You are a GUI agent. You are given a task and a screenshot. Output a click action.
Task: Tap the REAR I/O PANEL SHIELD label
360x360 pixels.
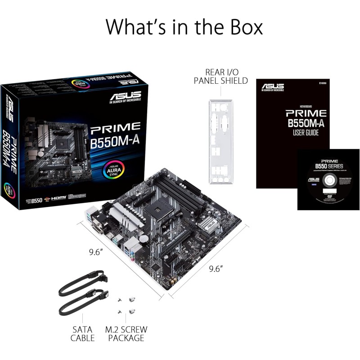(220, 76)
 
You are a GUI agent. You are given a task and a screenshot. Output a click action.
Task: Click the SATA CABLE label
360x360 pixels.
(83, 333)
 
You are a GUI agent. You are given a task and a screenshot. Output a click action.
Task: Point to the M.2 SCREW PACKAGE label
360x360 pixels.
(126, 333)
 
